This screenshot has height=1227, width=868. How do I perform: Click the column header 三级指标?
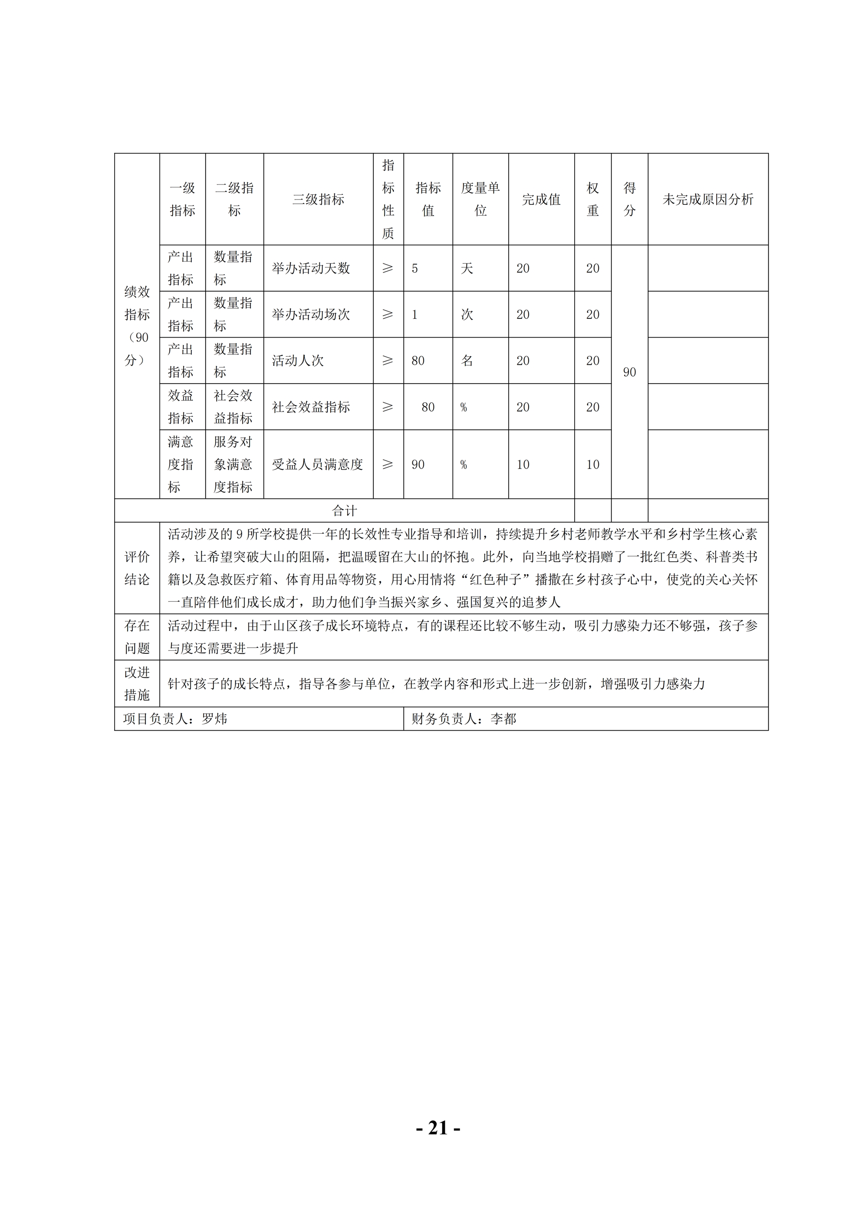[x=318, y=199]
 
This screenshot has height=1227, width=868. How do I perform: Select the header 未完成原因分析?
[x=708, y=199]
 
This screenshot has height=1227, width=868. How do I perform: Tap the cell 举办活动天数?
[x=311, y=268]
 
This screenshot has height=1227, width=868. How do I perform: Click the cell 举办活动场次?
[x=311, y=314]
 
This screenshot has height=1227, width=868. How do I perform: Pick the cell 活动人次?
[x=298, y=361]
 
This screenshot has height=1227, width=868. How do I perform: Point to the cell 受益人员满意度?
[x=318, y=464]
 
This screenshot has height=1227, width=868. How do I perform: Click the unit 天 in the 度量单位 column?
[x=467, y=268]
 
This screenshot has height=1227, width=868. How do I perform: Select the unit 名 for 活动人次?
[x=467, y=361]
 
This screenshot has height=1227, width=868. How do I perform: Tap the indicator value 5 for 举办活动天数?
[x=415, y=268]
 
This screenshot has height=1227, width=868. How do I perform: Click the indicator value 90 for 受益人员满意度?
[x=418, y=464]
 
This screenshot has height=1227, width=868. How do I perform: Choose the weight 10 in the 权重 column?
[x=593, y=464]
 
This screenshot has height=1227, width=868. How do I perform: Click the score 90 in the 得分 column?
[x=630, y=372]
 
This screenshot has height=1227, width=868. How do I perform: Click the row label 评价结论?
[x=137, y=568]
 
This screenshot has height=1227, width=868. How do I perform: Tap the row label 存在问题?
[x=137, y=637]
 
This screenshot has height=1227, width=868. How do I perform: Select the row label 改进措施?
[x=137, y=683]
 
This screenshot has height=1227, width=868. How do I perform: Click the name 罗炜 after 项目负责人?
[x=214, y=719]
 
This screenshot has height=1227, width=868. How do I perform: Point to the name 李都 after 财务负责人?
[x=503, y=719]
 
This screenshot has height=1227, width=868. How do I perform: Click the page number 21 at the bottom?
[x=438, y=1128]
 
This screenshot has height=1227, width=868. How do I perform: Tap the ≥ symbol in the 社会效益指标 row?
[x=388, y=407]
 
